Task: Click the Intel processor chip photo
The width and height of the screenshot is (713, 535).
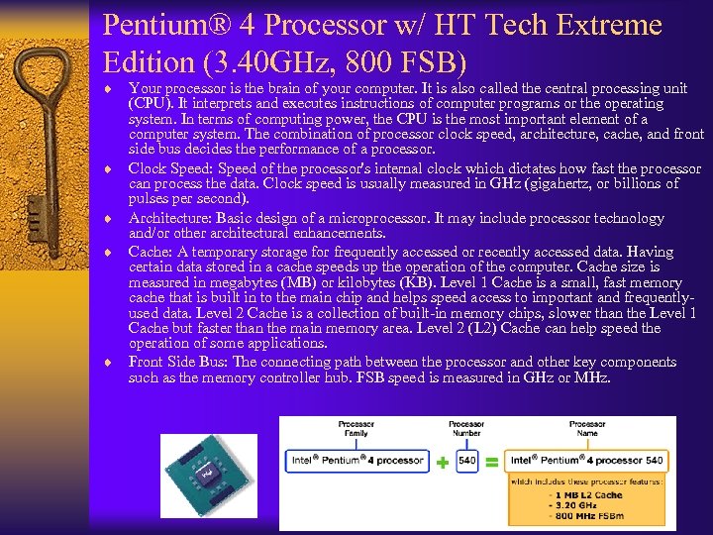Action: coord(209,473)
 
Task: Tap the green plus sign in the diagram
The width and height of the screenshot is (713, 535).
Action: coord(442,462)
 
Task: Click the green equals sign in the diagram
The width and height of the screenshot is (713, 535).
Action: coord(492,462)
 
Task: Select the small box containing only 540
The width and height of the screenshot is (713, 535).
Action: coord(466,461)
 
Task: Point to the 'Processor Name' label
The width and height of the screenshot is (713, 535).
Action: coord(587,429)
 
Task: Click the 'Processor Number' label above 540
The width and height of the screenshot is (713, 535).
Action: coord(466,429)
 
